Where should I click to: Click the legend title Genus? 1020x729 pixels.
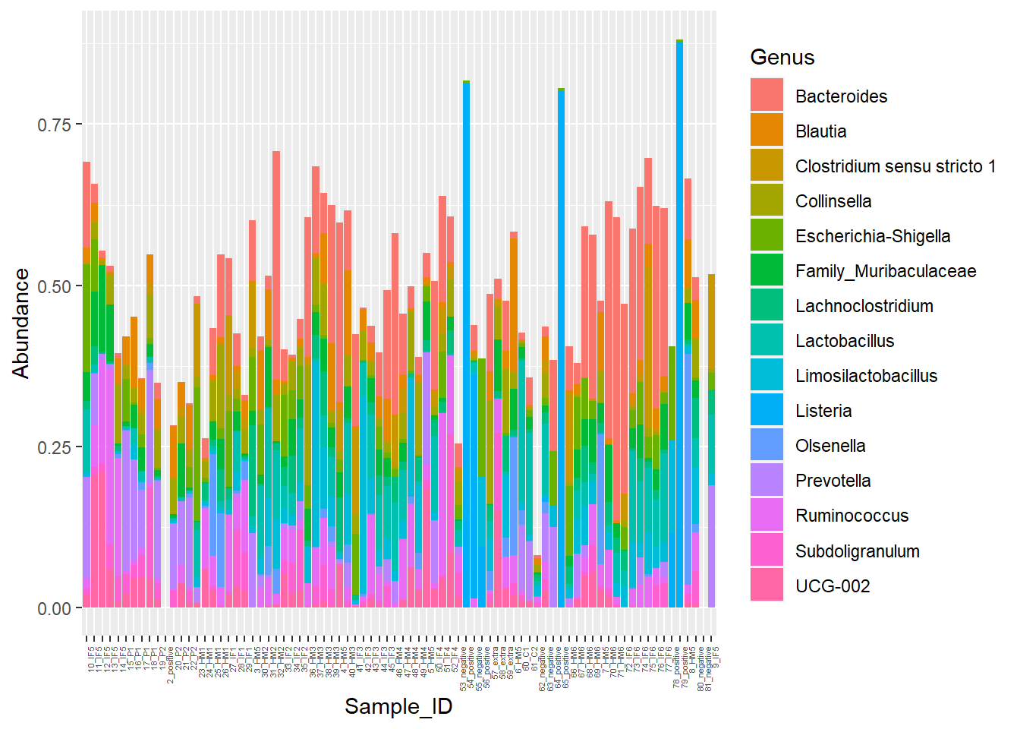click(x=782, y=58)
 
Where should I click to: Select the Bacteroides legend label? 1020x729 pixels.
click(x=841, y=96)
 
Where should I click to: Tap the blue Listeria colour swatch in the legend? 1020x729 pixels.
click(x=767, y=411)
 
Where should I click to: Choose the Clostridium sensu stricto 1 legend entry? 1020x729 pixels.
click(x=895, y=166)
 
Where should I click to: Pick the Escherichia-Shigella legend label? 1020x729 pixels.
click(x=872, y=236)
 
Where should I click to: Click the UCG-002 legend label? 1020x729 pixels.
click(x=832, y=586)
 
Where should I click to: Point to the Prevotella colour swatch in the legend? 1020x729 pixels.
click(x=767, y=481)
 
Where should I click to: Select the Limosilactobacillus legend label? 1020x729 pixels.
click(x=866, y=376)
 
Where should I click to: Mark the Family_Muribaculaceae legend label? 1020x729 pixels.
click(x=885, y=271)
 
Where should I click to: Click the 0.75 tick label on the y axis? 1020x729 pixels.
click(x=54, y=125)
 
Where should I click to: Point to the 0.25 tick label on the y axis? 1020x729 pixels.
click(x=54, y=447)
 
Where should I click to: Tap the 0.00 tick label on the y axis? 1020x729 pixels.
click(x=54, y=608)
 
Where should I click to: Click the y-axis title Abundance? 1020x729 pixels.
click(x=20, y=323)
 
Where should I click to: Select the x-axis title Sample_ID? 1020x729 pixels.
click(x=398, y=706)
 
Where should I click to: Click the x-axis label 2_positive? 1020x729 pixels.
click(x=171, y=665)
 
